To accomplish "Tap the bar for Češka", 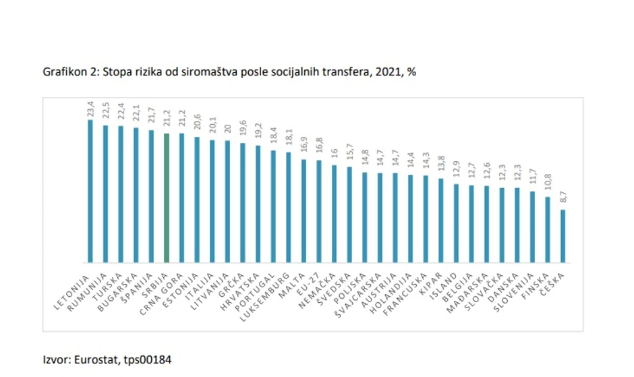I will click(x=563, y=236).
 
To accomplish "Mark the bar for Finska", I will click(x=548, y=229).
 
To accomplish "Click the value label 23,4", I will click(x=90, y=109).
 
